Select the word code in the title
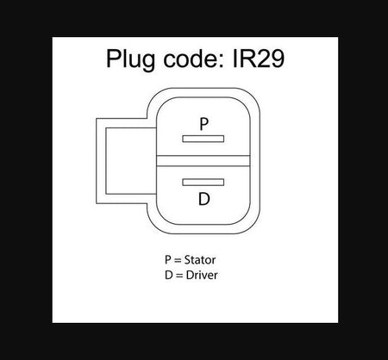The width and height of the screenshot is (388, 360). pos(190,59)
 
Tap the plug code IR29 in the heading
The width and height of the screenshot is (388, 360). pos(259,59)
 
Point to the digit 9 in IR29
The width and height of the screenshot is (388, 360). pos(277,59)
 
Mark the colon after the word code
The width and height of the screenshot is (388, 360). pos(221,61)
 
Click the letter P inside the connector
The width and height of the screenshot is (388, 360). pos(203,124)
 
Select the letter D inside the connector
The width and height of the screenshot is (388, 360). pos(204,199)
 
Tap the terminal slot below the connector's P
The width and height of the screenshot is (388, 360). pos(203,139)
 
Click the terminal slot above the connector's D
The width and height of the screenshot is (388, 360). pos(203,183)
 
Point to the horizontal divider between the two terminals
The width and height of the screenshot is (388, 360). pos(203,161)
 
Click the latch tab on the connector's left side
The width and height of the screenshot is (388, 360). pos(101,161)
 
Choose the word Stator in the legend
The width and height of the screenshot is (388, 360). pos(200,260)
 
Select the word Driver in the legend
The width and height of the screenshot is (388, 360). pos(202,275)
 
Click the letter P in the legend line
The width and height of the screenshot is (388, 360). pos(168,260)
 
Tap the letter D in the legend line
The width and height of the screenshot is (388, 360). pos(169,275)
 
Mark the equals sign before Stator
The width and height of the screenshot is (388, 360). pos(178,260)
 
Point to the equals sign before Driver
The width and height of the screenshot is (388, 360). pos(179,276)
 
